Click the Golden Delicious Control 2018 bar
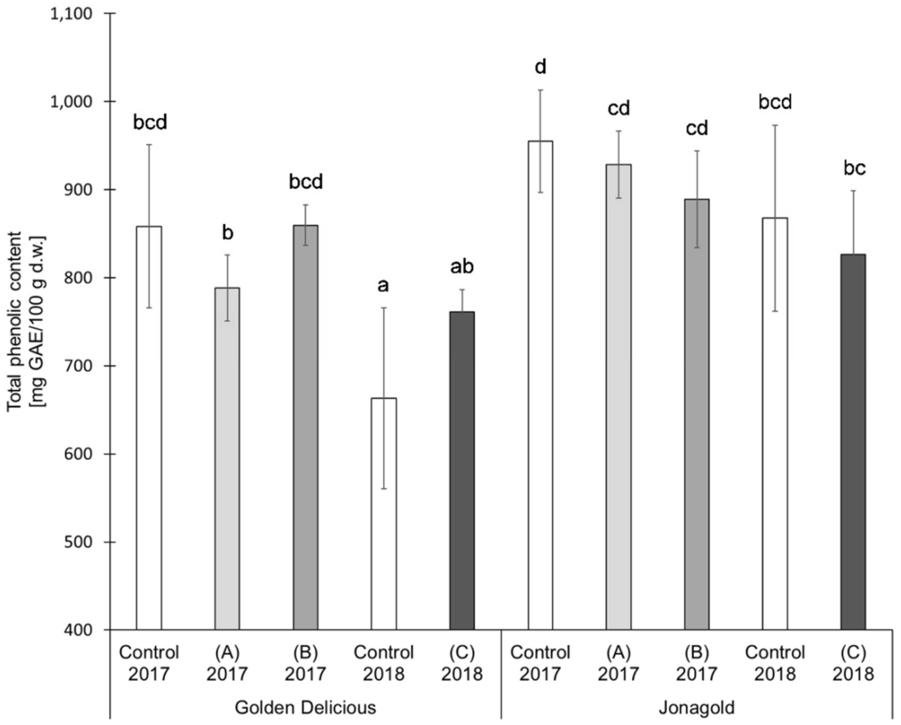pos(384,514)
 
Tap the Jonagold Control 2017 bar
pos(540,385)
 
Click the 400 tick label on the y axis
pos(79,631)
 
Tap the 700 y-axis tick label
pos(79,366)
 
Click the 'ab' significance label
pos(462,267)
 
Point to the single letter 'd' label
pos(540,67)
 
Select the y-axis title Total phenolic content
pos(16,322)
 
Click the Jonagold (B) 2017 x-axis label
pos(697,663)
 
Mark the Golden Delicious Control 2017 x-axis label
pos(149,663)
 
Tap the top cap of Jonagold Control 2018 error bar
pos(775,125)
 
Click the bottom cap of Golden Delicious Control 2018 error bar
pos(384,489)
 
